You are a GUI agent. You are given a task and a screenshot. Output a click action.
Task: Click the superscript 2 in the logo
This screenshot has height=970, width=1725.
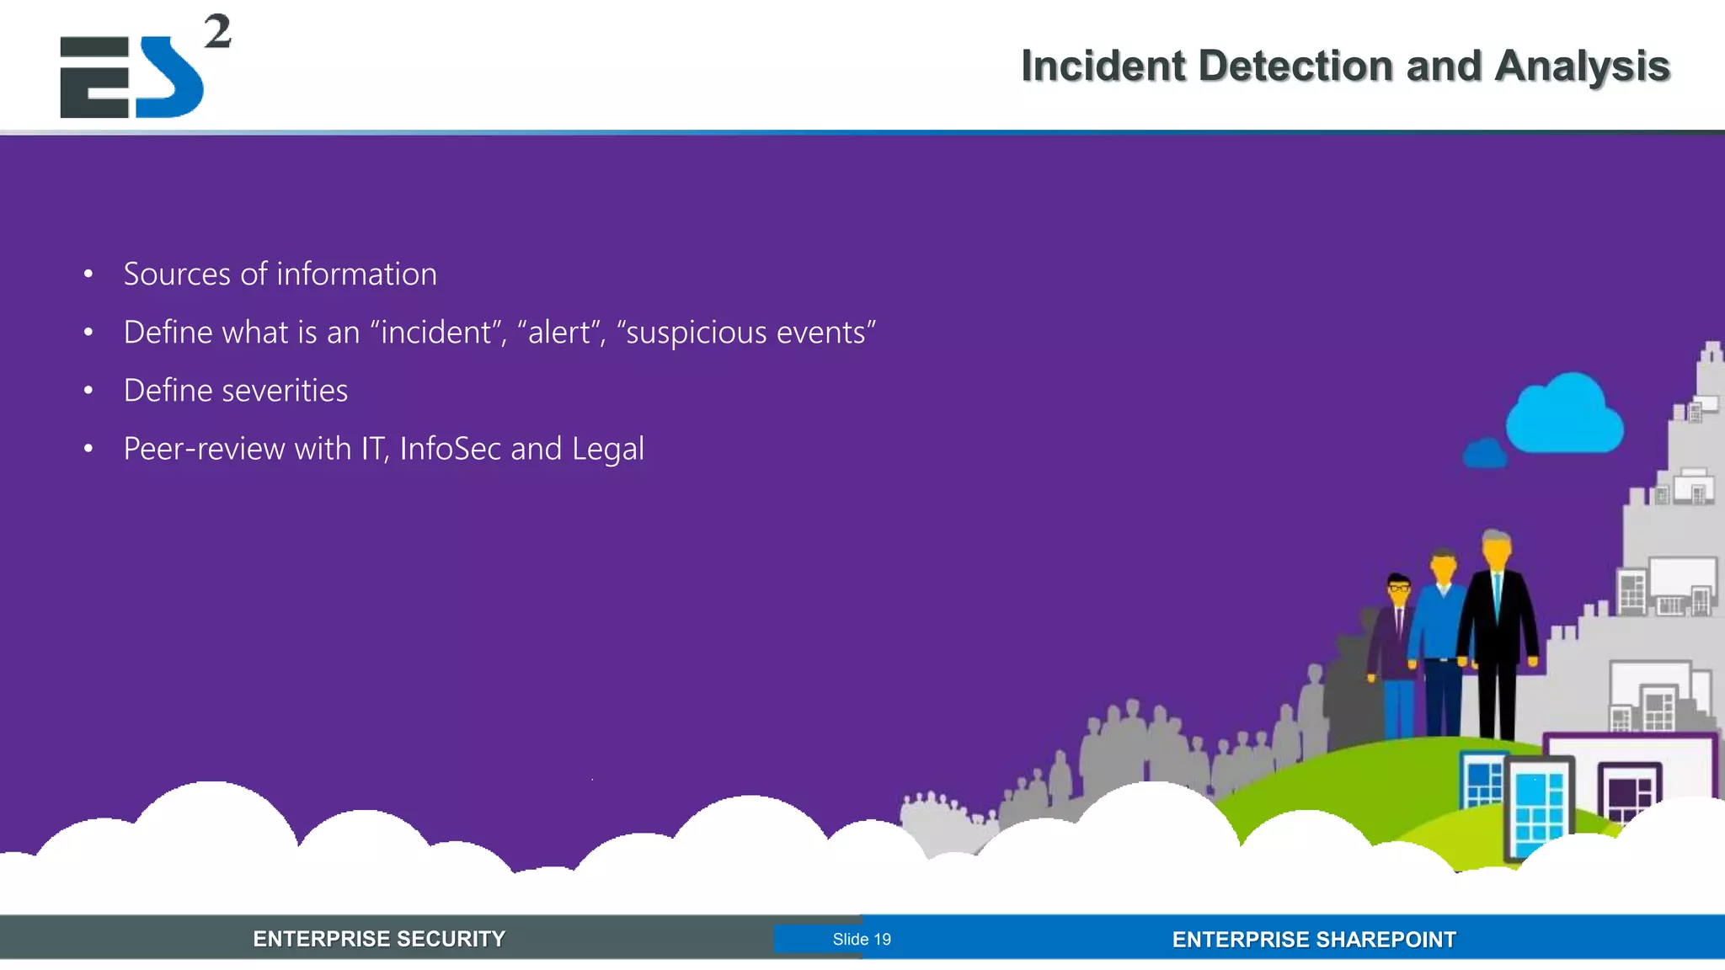tap(217, 32)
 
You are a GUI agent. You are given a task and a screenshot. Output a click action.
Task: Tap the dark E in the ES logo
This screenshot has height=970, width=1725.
tap(94, 77)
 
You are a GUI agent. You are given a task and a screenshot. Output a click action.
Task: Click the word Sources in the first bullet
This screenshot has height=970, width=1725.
tap(177, 274)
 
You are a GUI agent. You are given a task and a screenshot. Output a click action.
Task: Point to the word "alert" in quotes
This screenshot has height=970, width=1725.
tap(559, 333)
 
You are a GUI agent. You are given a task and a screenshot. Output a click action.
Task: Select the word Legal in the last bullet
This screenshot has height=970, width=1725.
tap(607, 449)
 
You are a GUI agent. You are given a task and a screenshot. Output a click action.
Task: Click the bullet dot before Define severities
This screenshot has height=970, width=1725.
tap(88, 391)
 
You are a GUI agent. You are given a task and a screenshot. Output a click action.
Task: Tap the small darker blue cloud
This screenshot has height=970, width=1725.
tap(1485, 454)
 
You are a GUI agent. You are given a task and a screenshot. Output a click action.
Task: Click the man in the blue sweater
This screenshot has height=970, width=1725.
tap(1442, 640)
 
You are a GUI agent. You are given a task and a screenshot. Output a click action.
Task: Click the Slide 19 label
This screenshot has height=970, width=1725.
tap(862, 939)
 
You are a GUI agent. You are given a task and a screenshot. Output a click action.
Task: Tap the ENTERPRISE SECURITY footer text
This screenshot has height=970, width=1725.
tap(379, 939)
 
